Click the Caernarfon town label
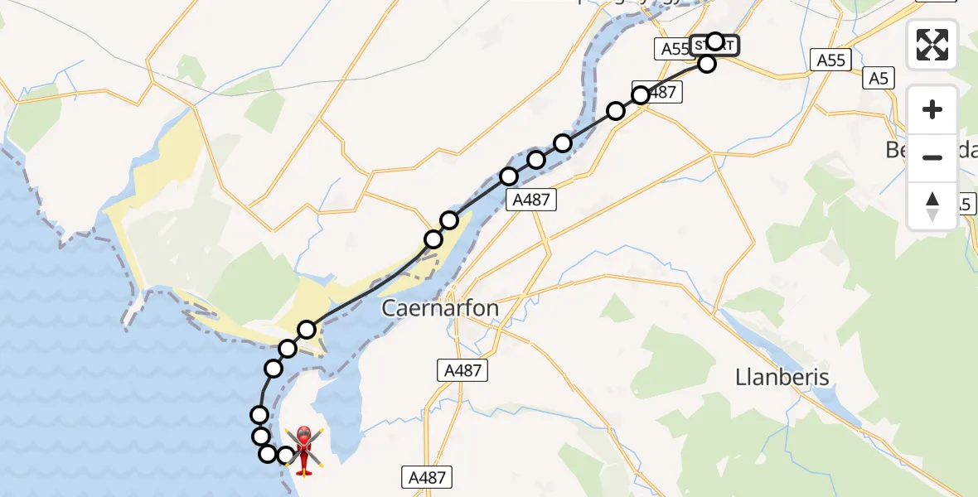point(440,309)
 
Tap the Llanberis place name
point(782,378)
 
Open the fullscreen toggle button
point(932,45)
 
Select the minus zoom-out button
point(932,157)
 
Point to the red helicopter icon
point(304,451)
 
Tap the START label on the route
point(711,46)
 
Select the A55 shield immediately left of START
point(675,49)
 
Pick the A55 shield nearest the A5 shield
point(830,60)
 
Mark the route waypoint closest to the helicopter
point(286,455)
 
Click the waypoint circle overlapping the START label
point(715,41)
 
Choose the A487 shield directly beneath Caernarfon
point(462,370)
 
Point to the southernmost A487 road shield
point(428,476)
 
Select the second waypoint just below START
point(706,64)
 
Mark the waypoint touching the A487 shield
point(641,96)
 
